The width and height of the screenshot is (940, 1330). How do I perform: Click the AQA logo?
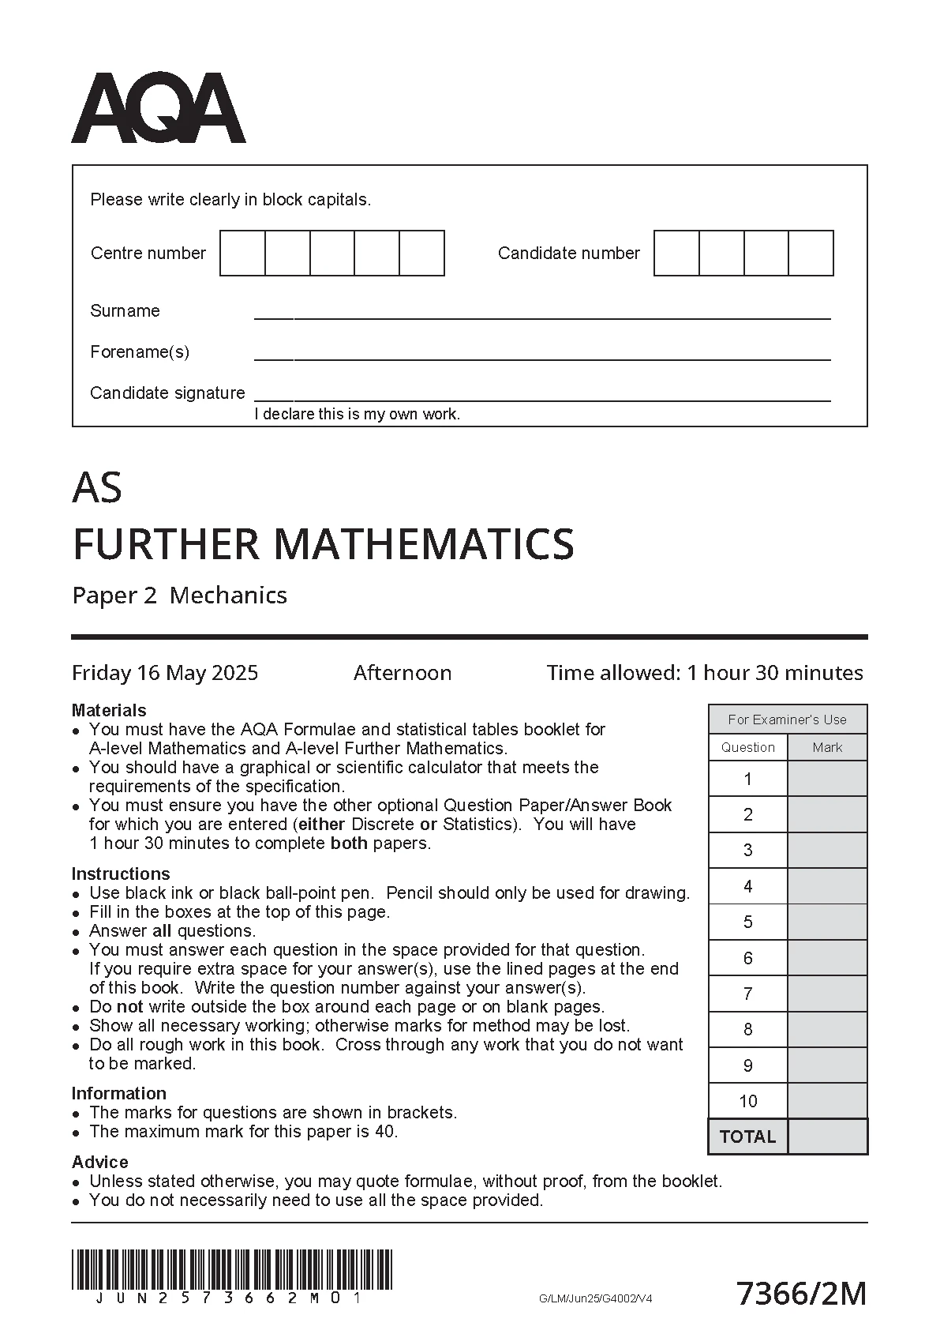pos(159,109)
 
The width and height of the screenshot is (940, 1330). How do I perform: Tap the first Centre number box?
pos(242,253)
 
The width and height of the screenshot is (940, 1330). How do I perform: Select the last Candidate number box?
pos(811,253)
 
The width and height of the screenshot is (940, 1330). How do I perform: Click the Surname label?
pos(125,310)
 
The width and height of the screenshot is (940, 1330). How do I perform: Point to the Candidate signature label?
pos(167,393)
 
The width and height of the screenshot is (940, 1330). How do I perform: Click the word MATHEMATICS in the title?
pos(423,544)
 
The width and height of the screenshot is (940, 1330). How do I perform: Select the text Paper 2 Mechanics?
pos(179,595)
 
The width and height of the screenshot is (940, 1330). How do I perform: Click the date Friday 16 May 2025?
pos(165,673)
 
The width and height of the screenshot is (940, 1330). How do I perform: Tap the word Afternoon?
pos(403,673)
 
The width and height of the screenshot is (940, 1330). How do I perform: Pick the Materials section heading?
pos(109,710)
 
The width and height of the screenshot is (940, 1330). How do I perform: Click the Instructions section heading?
pos(121,874)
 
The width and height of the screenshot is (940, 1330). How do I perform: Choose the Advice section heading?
pos(99,1162)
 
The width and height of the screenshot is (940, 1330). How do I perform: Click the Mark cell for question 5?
pos(827,922)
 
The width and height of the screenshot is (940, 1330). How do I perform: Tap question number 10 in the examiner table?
pos(747,1101)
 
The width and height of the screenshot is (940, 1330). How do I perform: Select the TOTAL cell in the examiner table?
pos(747,1137)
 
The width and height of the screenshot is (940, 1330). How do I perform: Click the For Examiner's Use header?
pos(787,719)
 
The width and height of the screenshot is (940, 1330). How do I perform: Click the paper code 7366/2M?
pos(801,1294)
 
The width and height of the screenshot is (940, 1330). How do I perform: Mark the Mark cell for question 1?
pos(827,779)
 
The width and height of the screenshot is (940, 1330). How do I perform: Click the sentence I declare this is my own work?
pos(357,414)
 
